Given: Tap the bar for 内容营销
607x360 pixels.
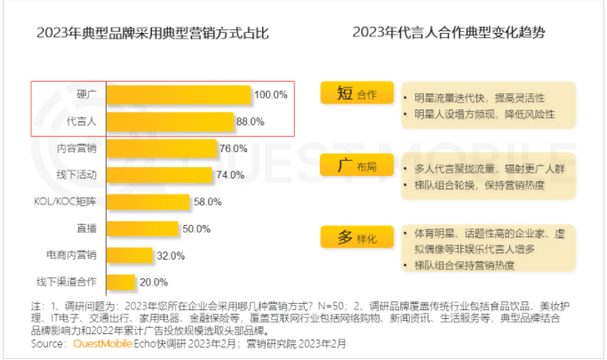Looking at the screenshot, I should (163, 148).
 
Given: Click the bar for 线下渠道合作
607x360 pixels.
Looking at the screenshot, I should (123, 282).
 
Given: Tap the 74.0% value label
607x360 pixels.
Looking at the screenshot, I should (231, 175).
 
